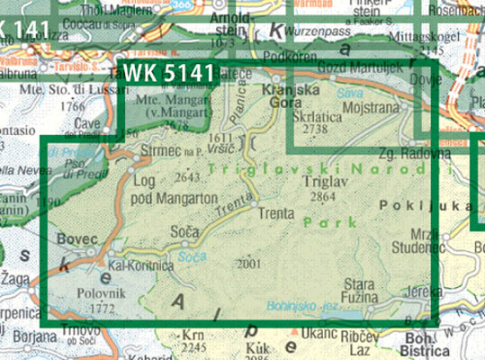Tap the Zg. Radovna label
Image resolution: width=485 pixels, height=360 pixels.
[x=415, y=154]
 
